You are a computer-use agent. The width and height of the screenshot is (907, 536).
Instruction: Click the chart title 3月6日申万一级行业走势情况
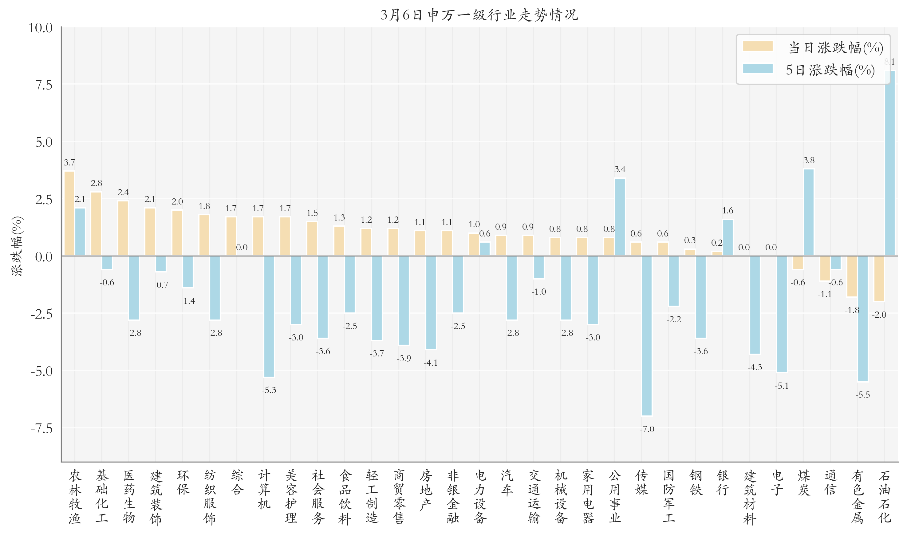(x=479, y=15)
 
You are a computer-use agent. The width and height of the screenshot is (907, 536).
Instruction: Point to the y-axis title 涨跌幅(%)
(x=17, y=246)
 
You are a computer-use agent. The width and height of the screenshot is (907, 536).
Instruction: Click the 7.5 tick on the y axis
(x=44, y=85)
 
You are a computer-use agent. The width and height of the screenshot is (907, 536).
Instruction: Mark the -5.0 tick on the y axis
(x=41, y=371)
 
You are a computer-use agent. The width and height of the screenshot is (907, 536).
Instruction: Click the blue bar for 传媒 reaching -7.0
(x=646, y=335)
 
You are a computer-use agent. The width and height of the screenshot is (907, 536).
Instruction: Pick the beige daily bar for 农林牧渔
(x=69, y=213)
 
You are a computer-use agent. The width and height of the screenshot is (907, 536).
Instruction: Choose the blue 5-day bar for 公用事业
(x=620, y=217)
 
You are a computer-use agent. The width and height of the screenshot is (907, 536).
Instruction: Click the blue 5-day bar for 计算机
(x=269, y=316)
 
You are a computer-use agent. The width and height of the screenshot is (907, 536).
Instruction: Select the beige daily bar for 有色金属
(x=852, y=276)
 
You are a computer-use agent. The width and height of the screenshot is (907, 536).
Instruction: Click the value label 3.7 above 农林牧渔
(x=69, y=163)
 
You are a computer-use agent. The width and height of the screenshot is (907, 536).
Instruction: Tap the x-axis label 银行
(x=723, y=482)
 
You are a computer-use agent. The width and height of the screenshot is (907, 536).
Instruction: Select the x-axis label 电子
(x=777, y=482)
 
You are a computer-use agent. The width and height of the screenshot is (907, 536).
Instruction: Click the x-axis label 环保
(x=183, y=482)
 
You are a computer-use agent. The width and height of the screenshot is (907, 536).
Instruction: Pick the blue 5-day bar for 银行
(x=728, y=238)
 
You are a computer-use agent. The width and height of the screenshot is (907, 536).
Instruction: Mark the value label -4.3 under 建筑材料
(x=754, y=367)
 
